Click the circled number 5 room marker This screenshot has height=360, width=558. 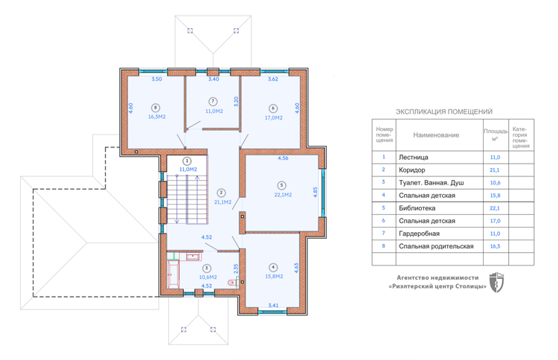point(281,185)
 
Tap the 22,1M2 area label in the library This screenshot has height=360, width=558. point(283,195)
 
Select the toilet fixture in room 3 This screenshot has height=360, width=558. point(232,283)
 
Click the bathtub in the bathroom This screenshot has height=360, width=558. point(173,274)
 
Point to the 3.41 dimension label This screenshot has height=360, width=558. point(273,305)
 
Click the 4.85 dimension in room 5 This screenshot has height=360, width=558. point(315,192)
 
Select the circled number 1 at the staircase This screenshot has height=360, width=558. point(187,161)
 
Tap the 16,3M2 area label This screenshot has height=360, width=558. point(157,117)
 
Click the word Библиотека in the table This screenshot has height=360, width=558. point(417,208)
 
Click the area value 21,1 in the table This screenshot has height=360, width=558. point(495,170)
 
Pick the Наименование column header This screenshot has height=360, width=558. point(436,135)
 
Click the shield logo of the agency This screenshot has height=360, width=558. point(496,283)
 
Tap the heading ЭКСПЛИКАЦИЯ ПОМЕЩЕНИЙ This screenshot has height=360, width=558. point(444,112)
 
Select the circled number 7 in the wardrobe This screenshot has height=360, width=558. point(213,102)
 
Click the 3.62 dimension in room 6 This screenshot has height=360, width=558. point(273,79)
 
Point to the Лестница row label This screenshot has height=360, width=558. point(414,157)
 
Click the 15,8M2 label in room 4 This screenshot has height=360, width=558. point(274,277)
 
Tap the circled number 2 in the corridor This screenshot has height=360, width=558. point(222,193)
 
